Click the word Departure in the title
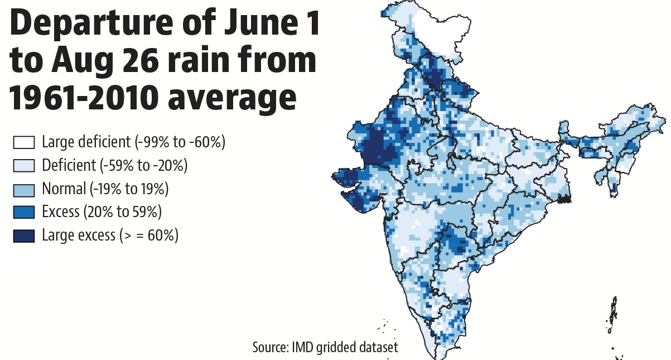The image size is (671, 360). click(91, 25)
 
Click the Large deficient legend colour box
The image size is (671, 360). click(24, 142)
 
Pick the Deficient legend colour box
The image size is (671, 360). click(24, 165)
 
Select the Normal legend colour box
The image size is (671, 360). click(24, 189)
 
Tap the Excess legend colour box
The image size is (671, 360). click(24, 212)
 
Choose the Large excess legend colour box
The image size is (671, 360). click(24, 236)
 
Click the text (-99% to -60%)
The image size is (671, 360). click(180, 142)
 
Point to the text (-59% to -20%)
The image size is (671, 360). click(143, 165)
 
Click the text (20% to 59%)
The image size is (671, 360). click(123, 212)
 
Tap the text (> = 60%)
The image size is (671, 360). click(149, 236)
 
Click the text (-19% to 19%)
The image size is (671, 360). click(129, 189)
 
